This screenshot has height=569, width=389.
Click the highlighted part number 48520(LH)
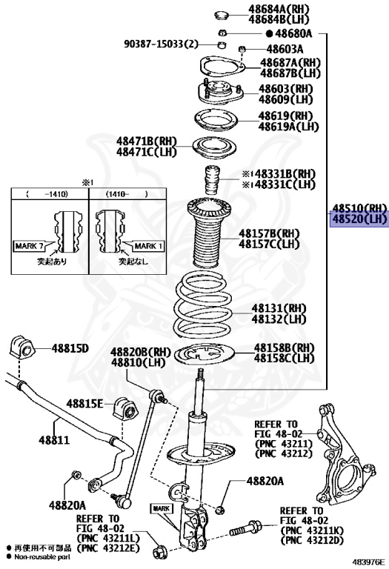pyautogui.click(x=359, y=219)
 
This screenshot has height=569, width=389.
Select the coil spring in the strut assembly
pyautogui.click(x=203, y=307)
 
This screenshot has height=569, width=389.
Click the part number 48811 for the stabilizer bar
pyautogui.click(x=54, y=440)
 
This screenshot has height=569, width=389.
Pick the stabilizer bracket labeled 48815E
pyautogui.click(x=125, y=409)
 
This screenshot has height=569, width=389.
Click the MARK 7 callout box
pyautogui.click(x=29, y=247)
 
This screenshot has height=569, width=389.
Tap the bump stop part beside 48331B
pyautogui.click(x=213, y=181)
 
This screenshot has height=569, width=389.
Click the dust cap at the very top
pyautogui.click(x=222, y=16)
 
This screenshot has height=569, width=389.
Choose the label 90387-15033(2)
pyautogui.click(x=162, y=44)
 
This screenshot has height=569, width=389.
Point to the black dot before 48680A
pyautogui.click(x=269, y=34)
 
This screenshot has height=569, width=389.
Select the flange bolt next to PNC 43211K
pyautogui.click(x=245, y=528)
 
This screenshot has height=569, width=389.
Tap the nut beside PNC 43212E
pyautogui.click(x=159, y=553)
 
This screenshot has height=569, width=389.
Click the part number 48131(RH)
pyautogui.click(x=279, y=308)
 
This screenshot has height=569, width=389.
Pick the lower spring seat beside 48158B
pyautogui.click(x=205, y=355)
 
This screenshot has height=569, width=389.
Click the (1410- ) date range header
pyautogui.click(x=127, y=194)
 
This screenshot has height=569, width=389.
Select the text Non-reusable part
pyautogui.click(x=42, y=557)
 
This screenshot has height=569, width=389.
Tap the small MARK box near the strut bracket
pyautogui.click(x=162, y=508)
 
